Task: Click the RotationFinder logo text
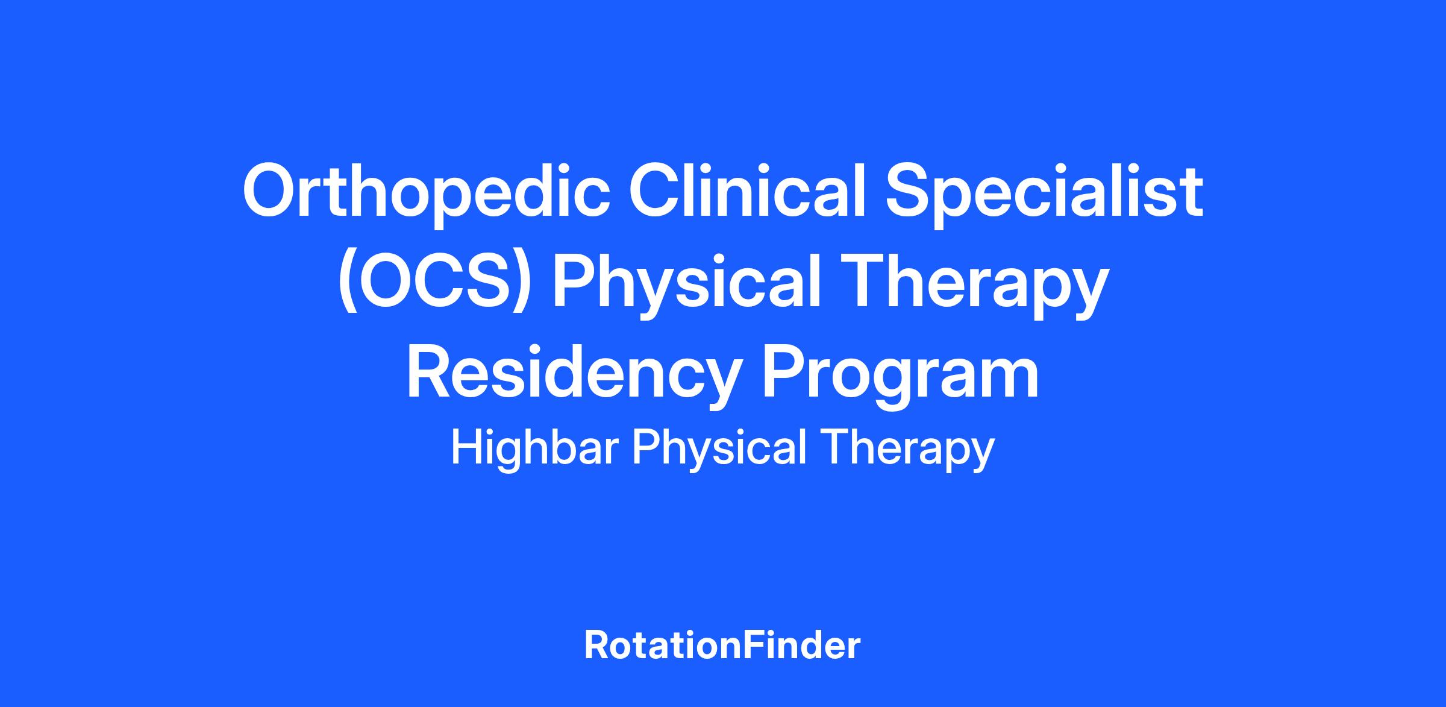(x=722, y=646)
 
